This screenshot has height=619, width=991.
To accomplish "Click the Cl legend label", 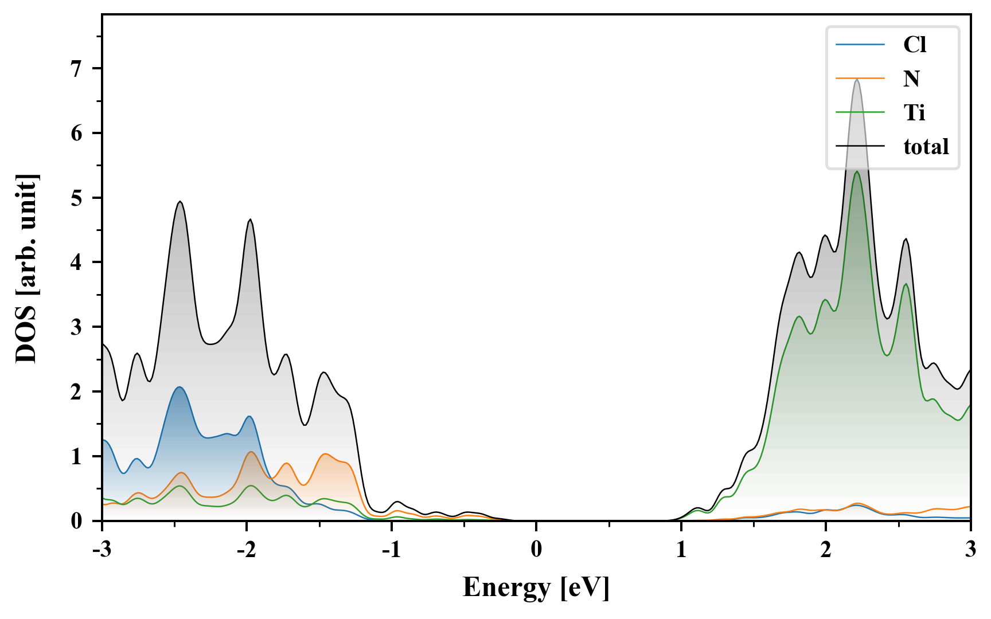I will pyautogui.click(x=914, y=45).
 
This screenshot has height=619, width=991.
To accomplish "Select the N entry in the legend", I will pyautogui.click(x=911, y=79).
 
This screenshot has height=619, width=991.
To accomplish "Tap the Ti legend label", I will pyautogui.click(x=914, y=112).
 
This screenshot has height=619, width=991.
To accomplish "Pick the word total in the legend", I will pyautogui.click(x=926, y=147).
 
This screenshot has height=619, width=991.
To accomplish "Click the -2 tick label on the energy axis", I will pyautogui.click(x=246, y=550).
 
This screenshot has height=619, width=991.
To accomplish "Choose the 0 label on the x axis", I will pyautogui.click(x=536, y=550).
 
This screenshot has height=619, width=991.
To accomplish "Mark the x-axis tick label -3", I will pyautogui.click(x=102, y=550).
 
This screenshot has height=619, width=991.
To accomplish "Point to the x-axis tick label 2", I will pyautogui.click(x=826, y=550).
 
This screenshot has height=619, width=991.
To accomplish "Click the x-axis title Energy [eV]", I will pyautogui.click(x=536, y=587).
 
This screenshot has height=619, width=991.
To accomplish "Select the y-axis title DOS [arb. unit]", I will pyautogui.click(x=26, y=268).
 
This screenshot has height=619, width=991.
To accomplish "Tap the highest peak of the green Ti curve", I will pyautogui.click(x=857, y=172).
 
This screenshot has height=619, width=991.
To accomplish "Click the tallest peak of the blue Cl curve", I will pyautogui.click(x=180, y=387).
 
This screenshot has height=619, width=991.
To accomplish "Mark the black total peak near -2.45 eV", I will pyautogui.click(x=180, y=202).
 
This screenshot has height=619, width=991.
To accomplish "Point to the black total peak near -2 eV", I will pyautogui.click(x=250, y=220).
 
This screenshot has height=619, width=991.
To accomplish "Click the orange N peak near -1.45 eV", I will pyautogui.click(x=326, y=454).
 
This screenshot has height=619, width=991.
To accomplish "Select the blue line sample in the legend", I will pyautogui.click(x=860, y=45).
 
